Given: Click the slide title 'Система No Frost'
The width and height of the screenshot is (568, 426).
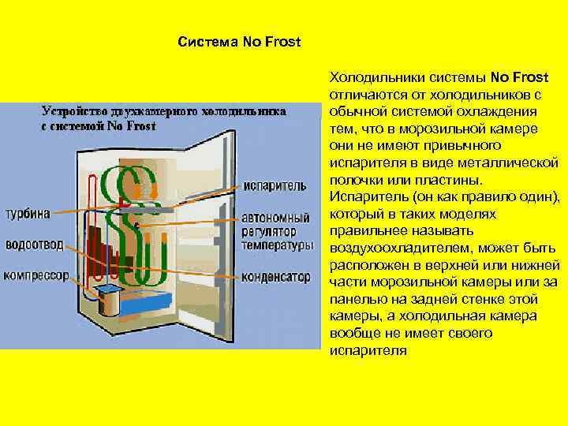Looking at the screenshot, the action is tap(240, 40).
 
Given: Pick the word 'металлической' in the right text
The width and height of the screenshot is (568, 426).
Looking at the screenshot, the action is tap(516, 163).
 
